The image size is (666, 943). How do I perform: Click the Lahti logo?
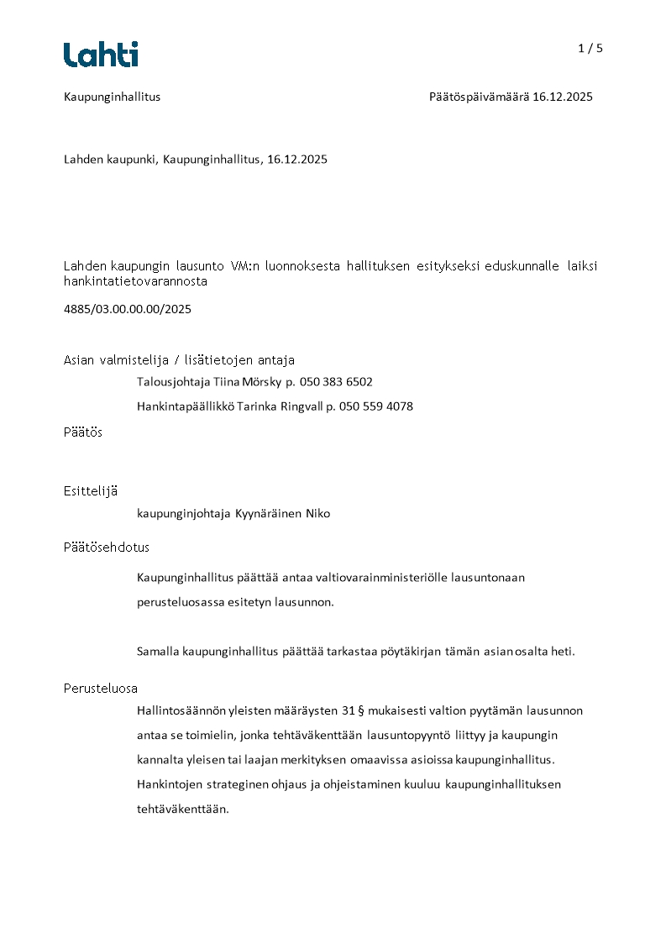[x=101, y=55]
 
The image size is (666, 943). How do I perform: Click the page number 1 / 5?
[x=590, y=49]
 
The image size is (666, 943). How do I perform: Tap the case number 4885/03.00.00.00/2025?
[x=128, y=309]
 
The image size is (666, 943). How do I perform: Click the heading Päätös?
[x=83, y=432]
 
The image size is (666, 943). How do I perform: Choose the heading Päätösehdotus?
[x=107, y=547]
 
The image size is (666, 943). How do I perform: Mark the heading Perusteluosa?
[x=101, y=689]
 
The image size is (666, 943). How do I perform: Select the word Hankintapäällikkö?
[x=186, y=406]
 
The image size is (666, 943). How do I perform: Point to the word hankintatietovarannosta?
[x=135, y=282]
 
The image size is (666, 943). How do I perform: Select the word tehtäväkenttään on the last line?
[x=182, y=809]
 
